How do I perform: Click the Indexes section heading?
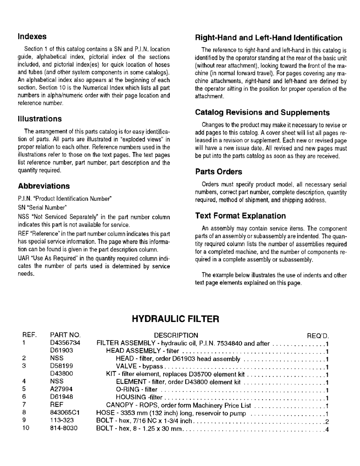click(32, 36)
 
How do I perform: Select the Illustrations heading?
click(40, 119)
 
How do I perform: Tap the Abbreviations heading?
click(43, 186)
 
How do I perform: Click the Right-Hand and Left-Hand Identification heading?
click(269, 38)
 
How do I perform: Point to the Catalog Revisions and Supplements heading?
click(262, 112)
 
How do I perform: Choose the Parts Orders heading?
click(218, 171)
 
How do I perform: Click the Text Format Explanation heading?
click(240, 216)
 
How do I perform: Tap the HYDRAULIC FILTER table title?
click(175, 319)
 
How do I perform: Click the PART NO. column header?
click(65, 335)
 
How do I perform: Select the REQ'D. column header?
click(318, 335)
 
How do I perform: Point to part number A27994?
click(61, 390)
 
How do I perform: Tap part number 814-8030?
click(63, 428)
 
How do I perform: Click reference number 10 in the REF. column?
click(26, 428)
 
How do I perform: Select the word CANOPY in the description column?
click(119, 405)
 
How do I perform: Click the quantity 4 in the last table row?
click(327, 429)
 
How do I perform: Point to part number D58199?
click(61, 366)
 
